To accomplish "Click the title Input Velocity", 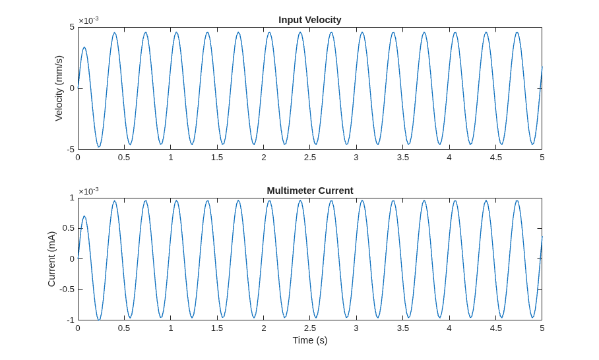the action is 310,20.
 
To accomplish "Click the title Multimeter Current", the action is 310,191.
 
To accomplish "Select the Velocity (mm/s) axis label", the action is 59,88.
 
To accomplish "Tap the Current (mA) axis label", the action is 51,259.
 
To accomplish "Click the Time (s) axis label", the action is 310,340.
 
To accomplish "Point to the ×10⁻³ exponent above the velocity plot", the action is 88,20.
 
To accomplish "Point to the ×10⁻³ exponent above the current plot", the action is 88,191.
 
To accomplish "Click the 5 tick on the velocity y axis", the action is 72,27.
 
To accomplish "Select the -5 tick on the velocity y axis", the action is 71,150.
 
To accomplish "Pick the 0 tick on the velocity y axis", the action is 72,88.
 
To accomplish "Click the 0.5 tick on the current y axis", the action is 69,228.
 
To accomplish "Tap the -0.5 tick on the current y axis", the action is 67,289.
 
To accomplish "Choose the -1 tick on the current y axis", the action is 71,320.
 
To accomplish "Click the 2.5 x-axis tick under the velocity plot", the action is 310,158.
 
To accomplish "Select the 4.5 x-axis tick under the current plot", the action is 495,328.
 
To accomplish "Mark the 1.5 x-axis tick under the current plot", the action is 217,328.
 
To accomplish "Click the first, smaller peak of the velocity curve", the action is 84,47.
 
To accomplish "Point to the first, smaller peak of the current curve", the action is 84,216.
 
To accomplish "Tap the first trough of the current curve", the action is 99,320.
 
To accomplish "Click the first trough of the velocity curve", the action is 99,146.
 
